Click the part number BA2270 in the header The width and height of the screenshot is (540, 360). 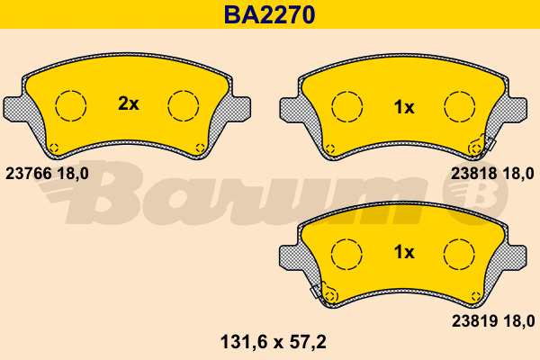(x=269, y=14)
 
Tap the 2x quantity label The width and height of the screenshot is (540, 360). (x=129, y=104)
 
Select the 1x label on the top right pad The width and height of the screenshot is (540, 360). (x=404, y=108)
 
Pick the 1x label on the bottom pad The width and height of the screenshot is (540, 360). (x=404, y=253)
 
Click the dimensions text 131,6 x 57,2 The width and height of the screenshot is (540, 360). (x=271, y=342)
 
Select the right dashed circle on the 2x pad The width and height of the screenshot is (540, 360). (x=184, y=105)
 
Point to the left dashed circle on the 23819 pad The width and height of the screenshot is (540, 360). (x=346, y=254)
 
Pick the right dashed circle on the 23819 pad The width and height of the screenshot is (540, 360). (x=460, y=254)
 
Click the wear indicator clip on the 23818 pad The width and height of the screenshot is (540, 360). (x=481, y=144)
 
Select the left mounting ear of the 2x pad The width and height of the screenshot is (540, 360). (x=14, y=108)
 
